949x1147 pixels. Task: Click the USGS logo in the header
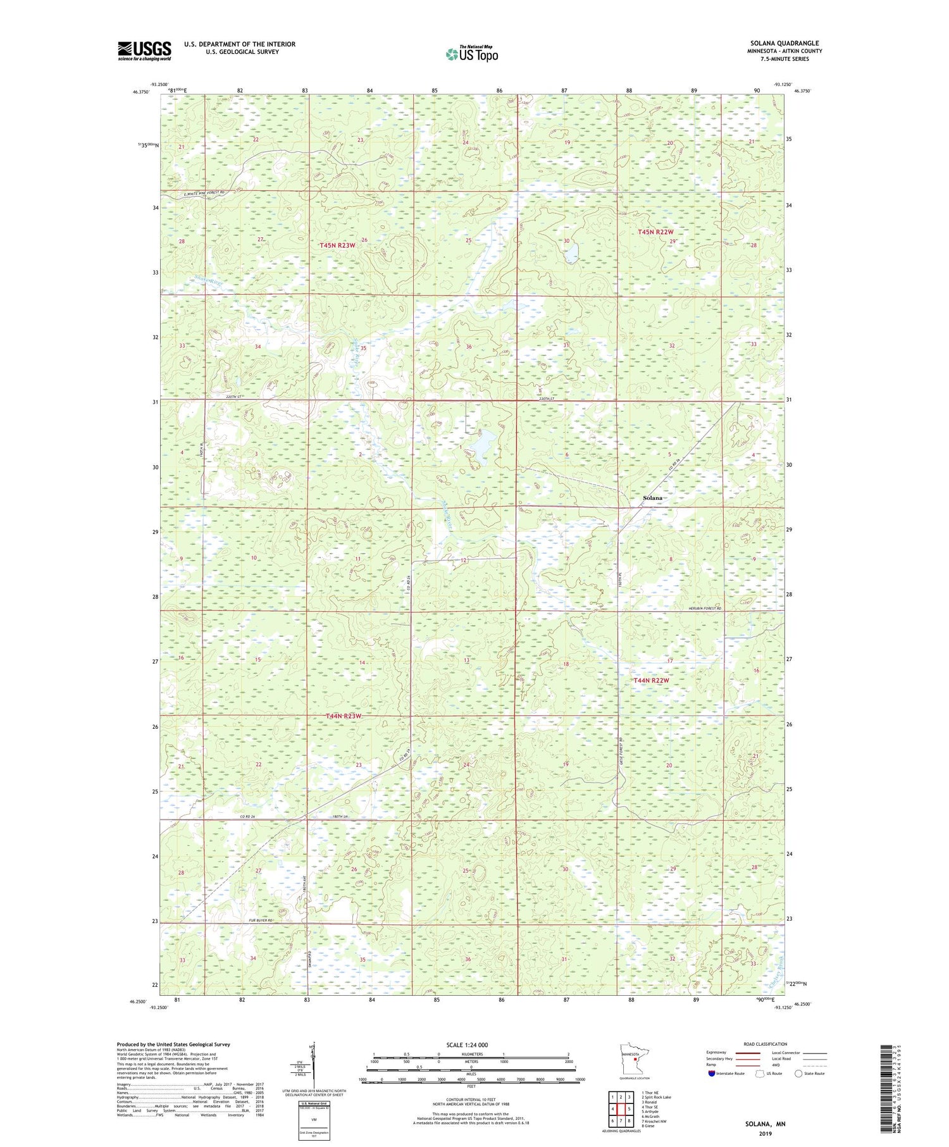point(144,51)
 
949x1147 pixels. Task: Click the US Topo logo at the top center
point(471,54)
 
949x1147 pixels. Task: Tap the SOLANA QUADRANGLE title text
point(785,43)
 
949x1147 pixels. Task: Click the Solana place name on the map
point(652,498)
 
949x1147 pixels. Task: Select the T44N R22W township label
point(651,680)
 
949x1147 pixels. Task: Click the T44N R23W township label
point(343,716)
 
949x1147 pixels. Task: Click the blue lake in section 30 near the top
point(571,254)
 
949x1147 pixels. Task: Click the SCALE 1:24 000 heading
point(471,1045)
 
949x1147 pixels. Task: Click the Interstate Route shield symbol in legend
point(712,1074)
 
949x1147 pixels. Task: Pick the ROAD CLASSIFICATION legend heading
point(765,1044)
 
